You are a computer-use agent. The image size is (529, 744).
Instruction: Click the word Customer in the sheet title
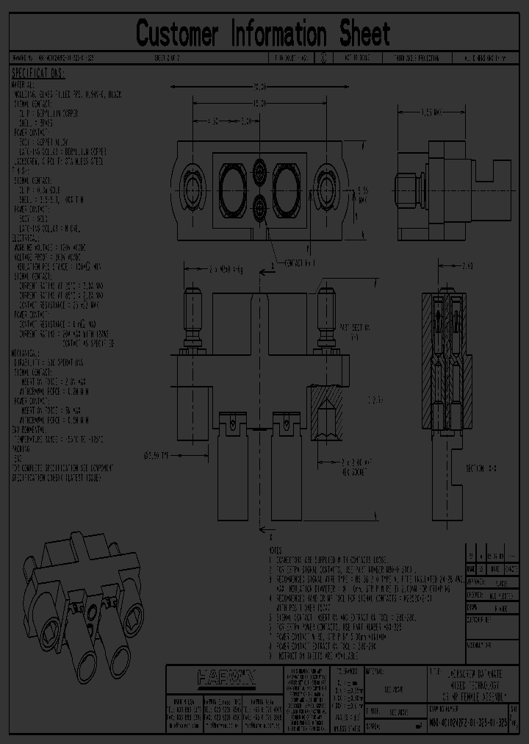[x=178, y=34]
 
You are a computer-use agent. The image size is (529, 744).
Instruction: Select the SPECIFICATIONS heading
[x=38, y=74]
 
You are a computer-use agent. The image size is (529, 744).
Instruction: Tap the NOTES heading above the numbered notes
[x=275, y=551]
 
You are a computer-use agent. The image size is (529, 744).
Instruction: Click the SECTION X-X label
[x=481, y=468]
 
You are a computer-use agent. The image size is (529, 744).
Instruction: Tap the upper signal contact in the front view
[x=259, y=171]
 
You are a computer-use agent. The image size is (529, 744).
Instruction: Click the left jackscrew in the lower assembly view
[x=194, y=316]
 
